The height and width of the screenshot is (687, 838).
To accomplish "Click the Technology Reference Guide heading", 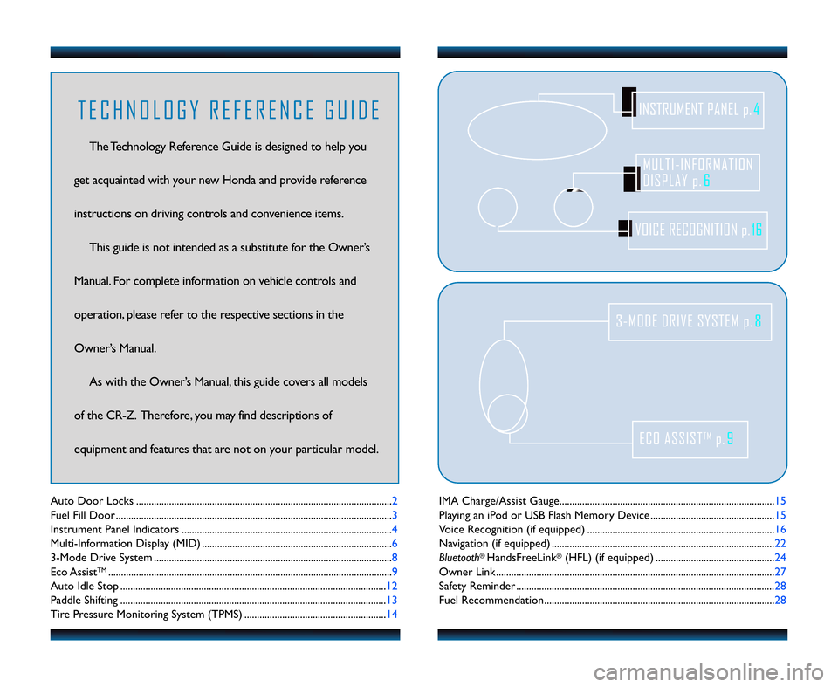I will tap(229, 111).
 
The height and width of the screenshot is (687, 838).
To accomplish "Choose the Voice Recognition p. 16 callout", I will tap(697, 230).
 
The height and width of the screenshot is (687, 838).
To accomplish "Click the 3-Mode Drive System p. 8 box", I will tap(690, 321).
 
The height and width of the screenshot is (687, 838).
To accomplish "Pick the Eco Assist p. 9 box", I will tap(690, 439).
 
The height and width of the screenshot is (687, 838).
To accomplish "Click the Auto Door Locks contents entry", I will tap(92, 501).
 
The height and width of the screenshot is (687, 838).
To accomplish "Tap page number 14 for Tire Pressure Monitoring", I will tap(393, 615).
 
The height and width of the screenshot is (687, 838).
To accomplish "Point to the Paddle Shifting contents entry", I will tap(86, 601).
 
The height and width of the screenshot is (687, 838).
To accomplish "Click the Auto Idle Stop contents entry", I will tap(85, 586).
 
